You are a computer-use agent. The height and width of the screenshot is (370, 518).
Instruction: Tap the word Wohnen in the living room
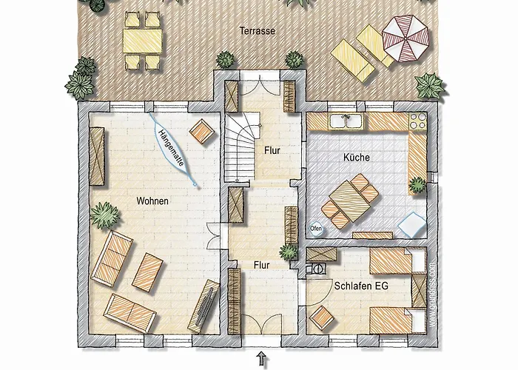pos(152,201)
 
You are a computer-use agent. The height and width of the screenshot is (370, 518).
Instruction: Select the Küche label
pos(357,158)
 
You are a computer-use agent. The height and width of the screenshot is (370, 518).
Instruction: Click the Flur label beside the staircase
pos(273,150)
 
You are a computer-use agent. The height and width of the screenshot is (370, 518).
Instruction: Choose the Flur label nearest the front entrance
pos(261,263)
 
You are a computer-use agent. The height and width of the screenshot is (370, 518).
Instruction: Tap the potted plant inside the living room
pos(104,217)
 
